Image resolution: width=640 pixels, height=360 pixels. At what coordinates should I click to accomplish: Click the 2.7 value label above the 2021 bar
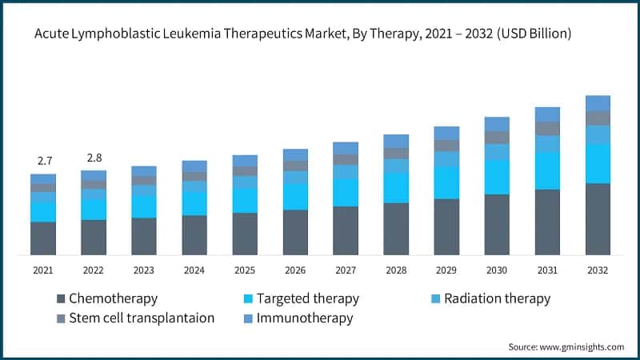(x=44, y=161)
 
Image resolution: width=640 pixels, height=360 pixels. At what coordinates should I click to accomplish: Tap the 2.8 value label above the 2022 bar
(x=94, y=158)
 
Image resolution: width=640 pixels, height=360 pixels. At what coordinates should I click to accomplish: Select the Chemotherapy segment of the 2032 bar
(x=598, y=219)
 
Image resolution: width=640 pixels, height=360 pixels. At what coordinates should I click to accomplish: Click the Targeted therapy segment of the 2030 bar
(x=497, y=177)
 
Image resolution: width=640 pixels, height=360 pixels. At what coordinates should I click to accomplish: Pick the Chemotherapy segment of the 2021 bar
(x=43, y=238)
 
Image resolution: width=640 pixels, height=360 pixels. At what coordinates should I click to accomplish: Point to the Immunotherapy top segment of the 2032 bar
(x=598, y=103)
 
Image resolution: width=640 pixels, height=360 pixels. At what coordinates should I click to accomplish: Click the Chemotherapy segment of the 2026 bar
(x=295, y=233)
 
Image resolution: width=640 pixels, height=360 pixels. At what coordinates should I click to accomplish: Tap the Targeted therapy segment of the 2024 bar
(x=194, y=203)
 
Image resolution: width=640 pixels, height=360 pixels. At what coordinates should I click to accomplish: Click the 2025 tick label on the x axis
(x=245, y=270)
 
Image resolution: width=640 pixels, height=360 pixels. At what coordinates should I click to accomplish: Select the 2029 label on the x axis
(x=446, y=270)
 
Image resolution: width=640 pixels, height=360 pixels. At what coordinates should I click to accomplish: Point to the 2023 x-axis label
(x=144, y=270)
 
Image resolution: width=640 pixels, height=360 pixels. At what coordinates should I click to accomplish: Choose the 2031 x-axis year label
(x=547, y=270)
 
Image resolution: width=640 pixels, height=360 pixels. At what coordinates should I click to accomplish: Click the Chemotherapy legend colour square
(x=61, y=299)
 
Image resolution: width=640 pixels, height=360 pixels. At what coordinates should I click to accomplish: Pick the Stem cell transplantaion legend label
(x=141, y=318)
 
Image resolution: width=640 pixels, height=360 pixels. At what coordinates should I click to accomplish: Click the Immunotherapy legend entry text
(x=305, y=318)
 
